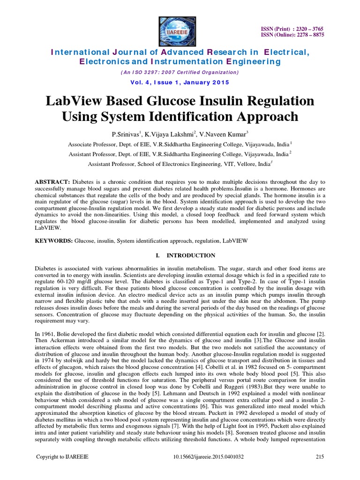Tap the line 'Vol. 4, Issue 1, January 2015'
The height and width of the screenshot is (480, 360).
click(180, 82)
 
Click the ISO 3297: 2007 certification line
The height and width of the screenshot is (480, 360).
click(180, 72)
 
